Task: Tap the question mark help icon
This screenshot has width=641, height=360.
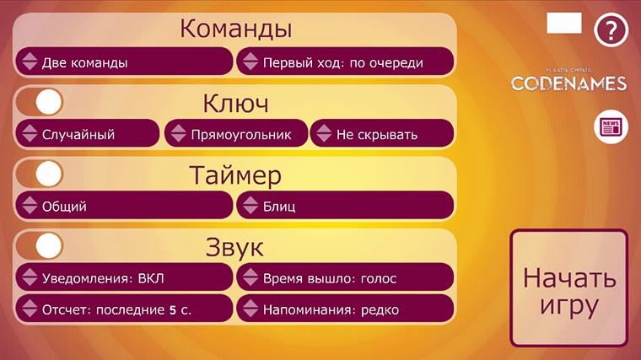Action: coord(611,30)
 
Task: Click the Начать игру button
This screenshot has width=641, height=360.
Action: coord(568,289)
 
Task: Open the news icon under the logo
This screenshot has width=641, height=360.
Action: coord(609,127)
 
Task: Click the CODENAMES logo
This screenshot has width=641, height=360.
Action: coord(569,80)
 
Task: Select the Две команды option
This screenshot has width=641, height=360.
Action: coord(123,62)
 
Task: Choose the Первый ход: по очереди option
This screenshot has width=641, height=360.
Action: coord(346,62)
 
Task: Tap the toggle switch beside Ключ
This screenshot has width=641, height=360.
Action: coord(40,102)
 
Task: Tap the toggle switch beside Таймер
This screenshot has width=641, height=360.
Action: coord(40,174)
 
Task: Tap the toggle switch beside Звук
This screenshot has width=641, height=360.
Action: coord(40,245)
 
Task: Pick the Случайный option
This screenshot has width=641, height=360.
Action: coord(87,133)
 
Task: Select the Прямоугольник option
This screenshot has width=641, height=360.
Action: coord(235,133)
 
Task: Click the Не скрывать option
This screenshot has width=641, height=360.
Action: coord(382,133)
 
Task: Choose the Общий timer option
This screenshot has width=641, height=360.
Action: coord(123,205)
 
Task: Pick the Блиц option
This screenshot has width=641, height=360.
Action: coord(346,205)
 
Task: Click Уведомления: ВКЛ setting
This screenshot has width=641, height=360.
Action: coord(123,277)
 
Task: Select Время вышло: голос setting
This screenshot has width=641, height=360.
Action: coord(346,277)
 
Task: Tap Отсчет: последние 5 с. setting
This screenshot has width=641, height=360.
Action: coord(123,309)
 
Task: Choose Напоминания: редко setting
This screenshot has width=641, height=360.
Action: coord(346,309)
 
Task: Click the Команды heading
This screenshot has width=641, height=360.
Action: coord(235,29)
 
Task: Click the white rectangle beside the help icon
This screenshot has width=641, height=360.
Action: coord(564,23)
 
